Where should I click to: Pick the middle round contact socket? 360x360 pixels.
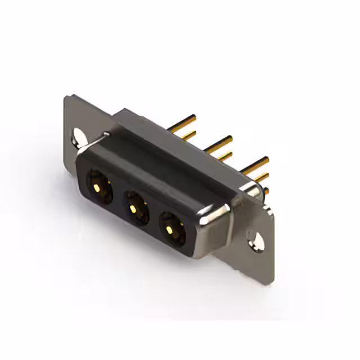135,207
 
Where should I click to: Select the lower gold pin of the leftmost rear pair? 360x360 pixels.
188,134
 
